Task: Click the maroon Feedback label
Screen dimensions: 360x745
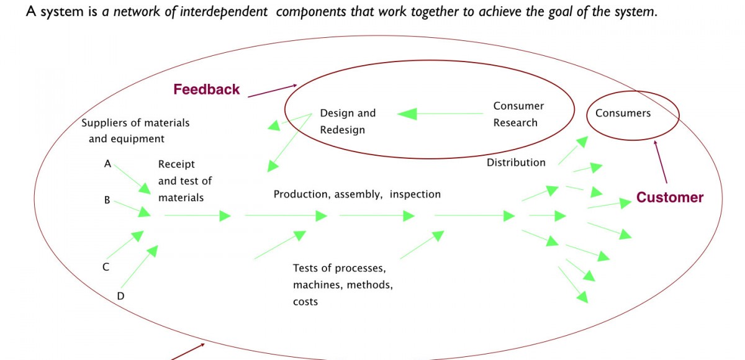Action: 206,89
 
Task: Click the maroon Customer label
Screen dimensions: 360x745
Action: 670,197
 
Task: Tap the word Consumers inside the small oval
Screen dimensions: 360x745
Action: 623,113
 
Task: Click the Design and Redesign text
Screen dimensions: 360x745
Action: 348,121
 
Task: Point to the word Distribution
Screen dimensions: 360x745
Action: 516,163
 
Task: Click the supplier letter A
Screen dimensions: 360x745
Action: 107,164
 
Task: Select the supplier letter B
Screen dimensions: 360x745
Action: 107,200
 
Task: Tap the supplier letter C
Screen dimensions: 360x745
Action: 106,268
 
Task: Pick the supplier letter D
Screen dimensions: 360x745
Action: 120,296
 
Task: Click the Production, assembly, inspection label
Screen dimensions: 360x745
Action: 357,194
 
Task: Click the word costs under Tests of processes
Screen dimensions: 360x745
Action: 305,302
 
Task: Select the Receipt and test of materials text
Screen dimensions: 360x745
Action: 184,181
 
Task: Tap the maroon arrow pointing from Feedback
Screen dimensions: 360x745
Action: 272,91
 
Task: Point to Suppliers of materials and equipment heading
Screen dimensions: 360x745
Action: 135,130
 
